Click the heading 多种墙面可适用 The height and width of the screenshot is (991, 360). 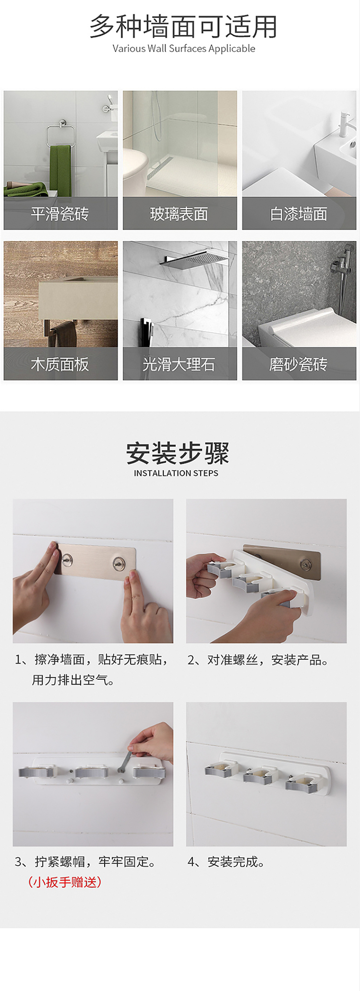click(x=183, y=26)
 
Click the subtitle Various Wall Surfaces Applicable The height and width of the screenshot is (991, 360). click(x=184, y=48)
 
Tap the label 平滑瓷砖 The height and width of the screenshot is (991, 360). click(x=60, y=214)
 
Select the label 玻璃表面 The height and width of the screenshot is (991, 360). click(x=179, y=214)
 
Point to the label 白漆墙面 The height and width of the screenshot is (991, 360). click(x=299, y=214)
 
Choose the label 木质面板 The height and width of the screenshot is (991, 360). click(x=60, y=364)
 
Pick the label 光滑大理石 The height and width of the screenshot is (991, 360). click(x=179, y=364)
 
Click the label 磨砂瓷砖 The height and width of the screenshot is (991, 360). click(x=299, y=364)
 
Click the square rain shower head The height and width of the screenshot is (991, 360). click(x=195, y=259)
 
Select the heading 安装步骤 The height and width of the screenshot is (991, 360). click(x=178, y=453)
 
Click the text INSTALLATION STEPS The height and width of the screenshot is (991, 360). click(x=176, y=473)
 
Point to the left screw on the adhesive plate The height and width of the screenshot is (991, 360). click(x=67, y=559)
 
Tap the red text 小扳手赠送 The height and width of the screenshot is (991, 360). click(x=65, y=882)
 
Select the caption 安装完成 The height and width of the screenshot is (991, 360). click(x=226, y=862)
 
